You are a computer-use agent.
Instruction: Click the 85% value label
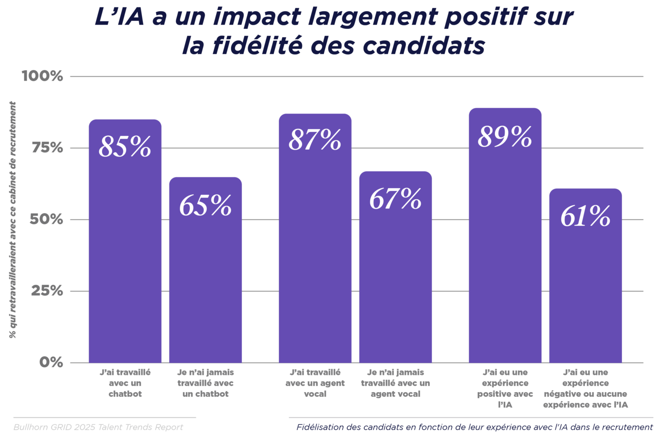125,147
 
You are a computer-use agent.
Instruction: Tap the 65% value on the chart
205,205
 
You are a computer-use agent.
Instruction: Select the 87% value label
315,140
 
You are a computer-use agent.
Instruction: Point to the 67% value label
395,199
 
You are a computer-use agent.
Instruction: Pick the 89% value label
505,137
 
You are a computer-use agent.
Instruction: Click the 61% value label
585,216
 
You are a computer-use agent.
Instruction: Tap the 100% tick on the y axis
42,76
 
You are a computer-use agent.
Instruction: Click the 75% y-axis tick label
47,148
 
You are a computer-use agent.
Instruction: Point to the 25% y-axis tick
47,291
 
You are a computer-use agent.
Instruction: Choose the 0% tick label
51,362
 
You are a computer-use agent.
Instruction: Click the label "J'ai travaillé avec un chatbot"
125,383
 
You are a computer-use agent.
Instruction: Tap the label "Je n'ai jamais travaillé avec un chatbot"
205,383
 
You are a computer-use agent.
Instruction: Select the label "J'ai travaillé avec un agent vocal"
315,383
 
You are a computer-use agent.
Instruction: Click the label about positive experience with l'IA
505,388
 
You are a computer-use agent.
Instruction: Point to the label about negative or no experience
585,388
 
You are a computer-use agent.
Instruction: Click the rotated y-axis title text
13,220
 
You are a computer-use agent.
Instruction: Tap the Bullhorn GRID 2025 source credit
98,427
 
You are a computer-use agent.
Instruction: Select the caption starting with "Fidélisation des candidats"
474,427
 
